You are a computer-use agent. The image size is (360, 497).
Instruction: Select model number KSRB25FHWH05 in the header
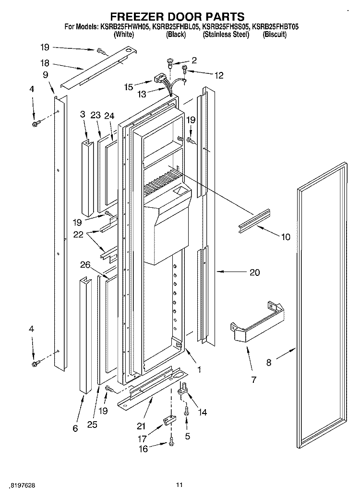(124, 28)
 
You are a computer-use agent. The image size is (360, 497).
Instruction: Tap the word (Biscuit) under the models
(275, 35)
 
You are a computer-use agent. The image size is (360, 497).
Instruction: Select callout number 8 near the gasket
(268, 363)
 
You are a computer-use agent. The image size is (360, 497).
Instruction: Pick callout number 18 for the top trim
(45, 63)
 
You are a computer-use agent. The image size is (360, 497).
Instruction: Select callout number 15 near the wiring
(128, 87)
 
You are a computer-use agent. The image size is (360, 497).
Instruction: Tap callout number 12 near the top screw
(218, 75)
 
